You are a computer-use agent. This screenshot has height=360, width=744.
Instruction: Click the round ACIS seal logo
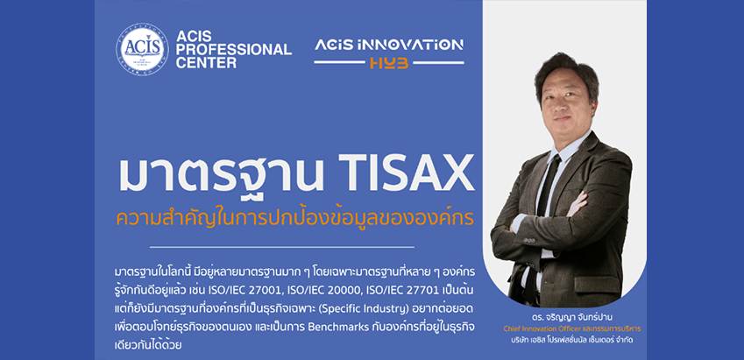[x=142, y=50]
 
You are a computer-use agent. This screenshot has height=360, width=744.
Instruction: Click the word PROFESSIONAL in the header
[x=233, y=49]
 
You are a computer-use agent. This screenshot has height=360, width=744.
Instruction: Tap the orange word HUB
[x=389, y=63]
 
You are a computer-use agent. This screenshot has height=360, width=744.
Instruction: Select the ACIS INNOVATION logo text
[x=388, y=45]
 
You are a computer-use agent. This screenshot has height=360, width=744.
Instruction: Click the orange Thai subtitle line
[x=294, y=218]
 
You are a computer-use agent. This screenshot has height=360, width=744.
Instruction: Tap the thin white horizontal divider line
[x=282, y=247]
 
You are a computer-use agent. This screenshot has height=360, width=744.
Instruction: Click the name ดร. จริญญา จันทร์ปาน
[x=564, y=318]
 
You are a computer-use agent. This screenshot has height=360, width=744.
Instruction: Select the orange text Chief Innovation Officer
[x=536, y=328]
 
